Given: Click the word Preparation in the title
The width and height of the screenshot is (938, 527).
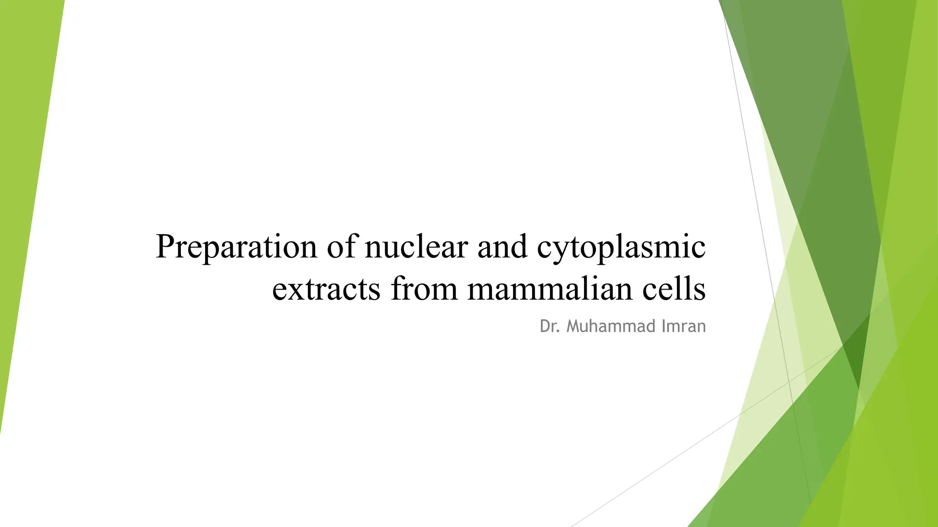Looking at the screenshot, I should tap(236, 247).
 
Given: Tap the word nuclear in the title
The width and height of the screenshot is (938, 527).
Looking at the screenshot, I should tap(416, 247).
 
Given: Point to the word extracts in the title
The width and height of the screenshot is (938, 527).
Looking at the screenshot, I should tap(326, 289).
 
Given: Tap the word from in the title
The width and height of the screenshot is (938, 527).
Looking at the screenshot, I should tap(424, 289).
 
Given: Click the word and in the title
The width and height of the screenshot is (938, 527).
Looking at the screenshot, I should tap(502, 247).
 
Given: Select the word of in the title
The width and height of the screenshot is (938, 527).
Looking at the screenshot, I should tap(341, 247).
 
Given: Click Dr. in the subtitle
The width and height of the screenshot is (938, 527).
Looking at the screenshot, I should tap(550, 326).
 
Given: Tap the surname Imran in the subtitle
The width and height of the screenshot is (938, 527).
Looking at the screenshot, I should tap(684, 326).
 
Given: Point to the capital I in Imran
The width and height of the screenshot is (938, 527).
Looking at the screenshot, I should tap(664, 326).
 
